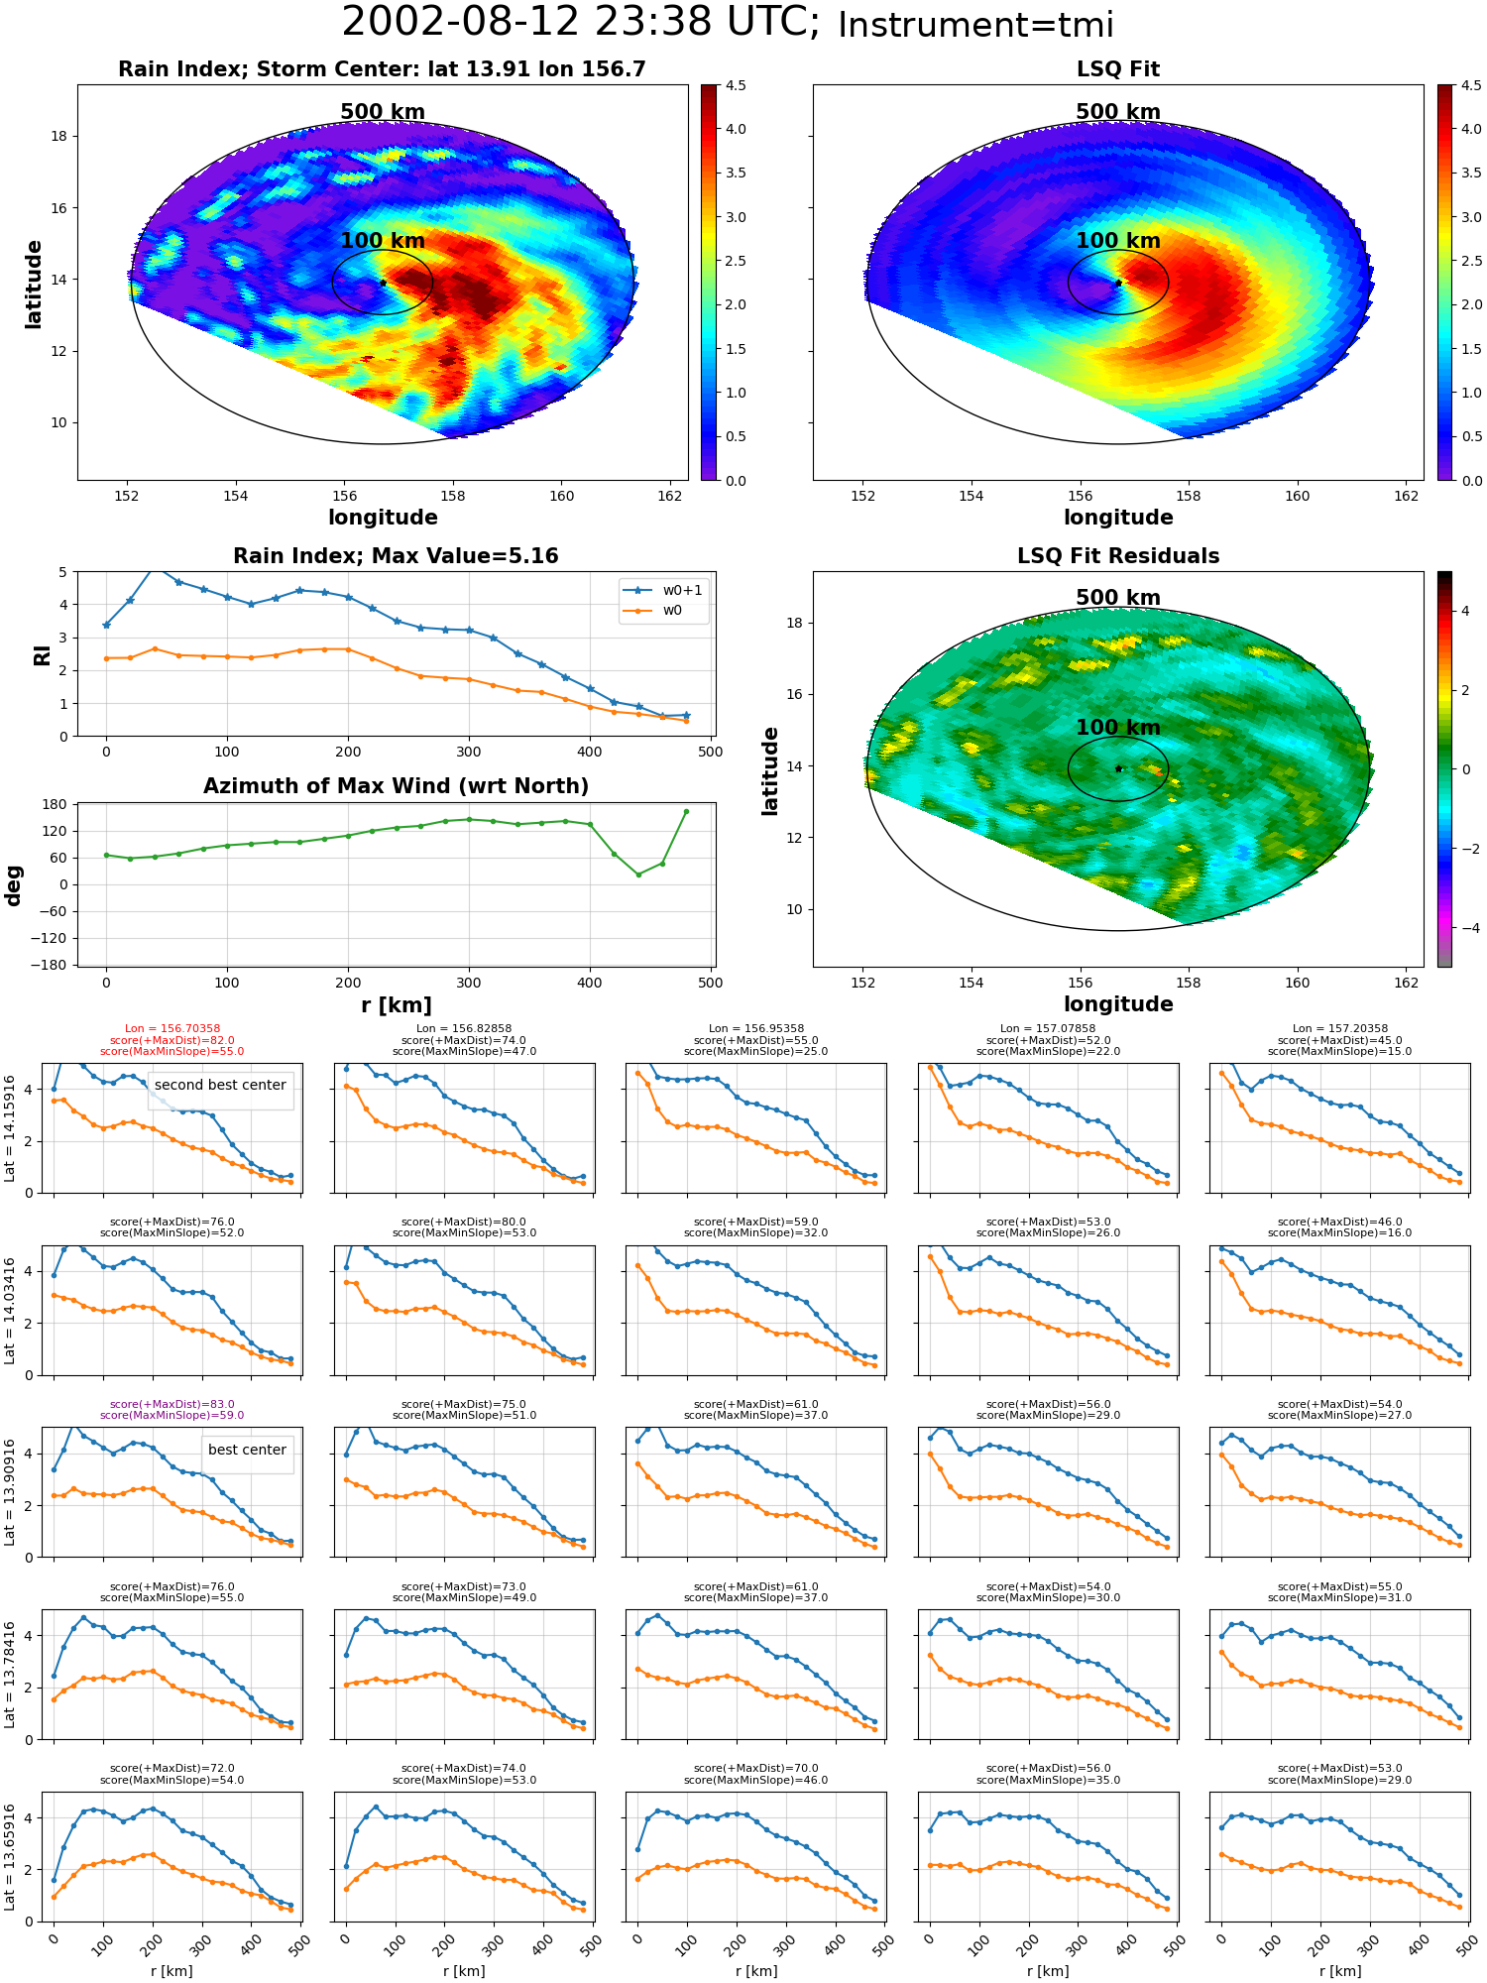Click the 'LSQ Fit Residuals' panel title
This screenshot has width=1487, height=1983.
[x=1118, y=556]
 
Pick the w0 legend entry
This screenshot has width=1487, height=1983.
[x=653, y=611]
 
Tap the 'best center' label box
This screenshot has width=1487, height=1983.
[x=247, y=1450]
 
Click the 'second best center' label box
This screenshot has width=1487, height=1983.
[x=220, y=1085]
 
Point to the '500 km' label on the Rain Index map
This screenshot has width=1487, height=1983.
[x=383, y=112]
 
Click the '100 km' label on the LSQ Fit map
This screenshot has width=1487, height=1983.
[x=1118, y=241]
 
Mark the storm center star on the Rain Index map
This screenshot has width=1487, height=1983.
[x=383, y=283]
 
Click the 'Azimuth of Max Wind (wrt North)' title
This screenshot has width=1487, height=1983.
[x=396, y=786]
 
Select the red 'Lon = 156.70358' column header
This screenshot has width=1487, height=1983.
[x=172, y=1029]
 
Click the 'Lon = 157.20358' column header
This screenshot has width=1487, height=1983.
[x=1340, y=1029]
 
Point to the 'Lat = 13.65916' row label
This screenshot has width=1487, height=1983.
[x=10, y=1857]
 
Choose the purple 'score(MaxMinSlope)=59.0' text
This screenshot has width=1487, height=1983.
[x=172, y=1416]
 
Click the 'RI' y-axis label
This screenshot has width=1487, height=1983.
[x=42, y=654]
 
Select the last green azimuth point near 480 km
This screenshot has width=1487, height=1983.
[x=686, y=811]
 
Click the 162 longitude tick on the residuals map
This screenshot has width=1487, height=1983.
[x=1407, y=983]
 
